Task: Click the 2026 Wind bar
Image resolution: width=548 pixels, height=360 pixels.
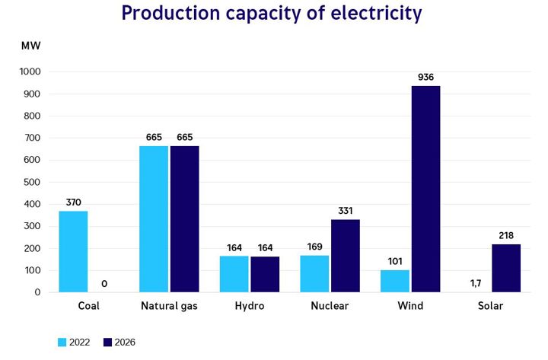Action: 425,189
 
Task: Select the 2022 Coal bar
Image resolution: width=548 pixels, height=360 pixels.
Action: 73,251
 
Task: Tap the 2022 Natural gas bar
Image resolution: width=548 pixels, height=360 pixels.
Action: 154,218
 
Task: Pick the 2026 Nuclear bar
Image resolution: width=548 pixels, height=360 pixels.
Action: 345,256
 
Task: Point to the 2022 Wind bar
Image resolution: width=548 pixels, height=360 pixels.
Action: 394,281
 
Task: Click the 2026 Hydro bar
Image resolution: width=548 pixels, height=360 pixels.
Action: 265,274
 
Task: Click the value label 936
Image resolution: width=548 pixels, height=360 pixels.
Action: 425,77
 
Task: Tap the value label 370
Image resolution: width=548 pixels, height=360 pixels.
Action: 73,202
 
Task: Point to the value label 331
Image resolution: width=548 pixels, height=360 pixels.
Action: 345,210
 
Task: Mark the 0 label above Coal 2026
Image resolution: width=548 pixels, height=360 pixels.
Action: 104,283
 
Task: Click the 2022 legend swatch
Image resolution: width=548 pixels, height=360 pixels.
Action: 62,342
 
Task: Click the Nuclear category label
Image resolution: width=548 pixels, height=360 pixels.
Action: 330,306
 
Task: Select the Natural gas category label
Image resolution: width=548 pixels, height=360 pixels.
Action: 169,306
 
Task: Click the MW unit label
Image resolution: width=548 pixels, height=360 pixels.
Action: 31,45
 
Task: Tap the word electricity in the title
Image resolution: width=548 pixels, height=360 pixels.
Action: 368,13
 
